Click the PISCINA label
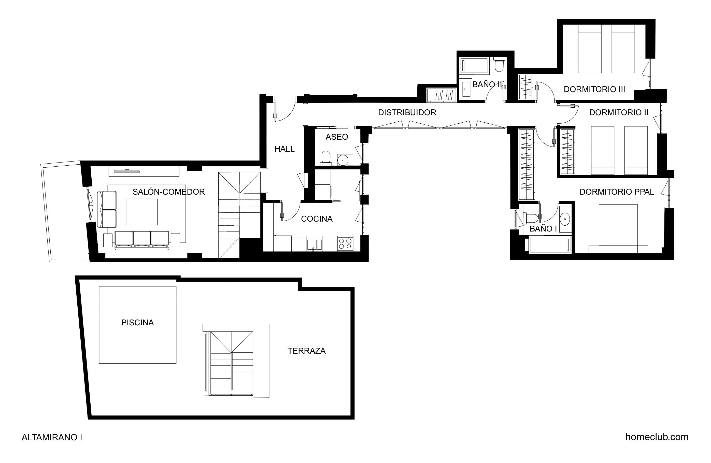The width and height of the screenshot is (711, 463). [x=137, y=323]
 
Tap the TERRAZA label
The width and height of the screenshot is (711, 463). [x=306, y=351]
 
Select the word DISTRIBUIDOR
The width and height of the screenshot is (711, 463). [x=407, y=113]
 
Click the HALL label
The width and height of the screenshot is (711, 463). [x=285, y=149]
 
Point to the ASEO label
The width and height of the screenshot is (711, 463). [x=337, y=137]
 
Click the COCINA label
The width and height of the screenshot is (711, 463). [x=317, y=219]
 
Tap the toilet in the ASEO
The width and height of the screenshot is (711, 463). [x=326, y=158]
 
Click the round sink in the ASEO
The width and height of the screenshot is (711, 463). [x=343, y=160]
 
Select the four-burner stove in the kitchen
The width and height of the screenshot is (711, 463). [x=345, y=243]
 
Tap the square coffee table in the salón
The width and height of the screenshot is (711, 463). [x=141, y=212]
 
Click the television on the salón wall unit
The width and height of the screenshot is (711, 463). [x=127, y=171]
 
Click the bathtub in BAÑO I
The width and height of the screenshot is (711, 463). [x=550, y=245]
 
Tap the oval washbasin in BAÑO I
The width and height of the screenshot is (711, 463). [x=565, y=219]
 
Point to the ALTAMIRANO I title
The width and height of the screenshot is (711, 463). [x=52, y=437]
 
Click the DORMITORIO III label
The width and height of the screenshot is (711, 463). [x=594, y=89]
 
